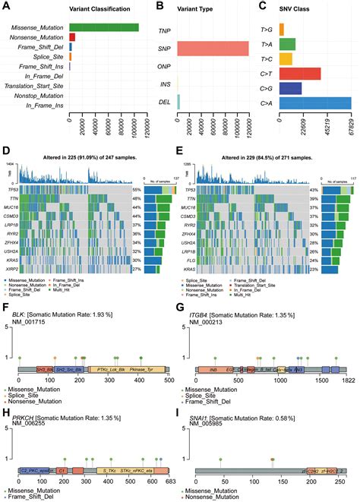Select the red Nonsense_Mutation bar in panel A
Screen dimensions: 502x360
click(x=72, y=37)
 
